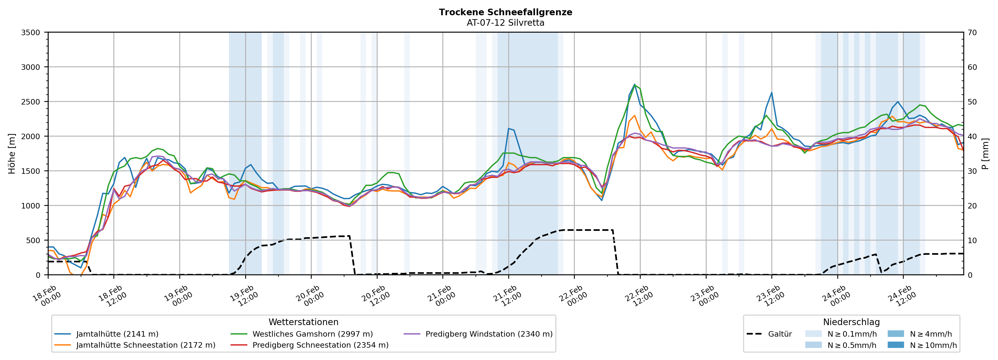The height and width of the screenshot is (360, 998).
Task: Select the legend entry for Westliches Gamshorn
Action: coord(312,334)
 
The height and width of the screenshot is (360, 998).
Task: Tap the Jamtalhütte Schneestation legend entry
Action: coord(146,345)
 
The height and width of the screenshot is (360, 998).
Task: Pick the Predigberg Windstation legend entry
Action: coord(489,334)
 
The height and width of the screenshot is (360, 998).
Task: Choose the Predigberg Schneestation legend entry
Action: coord(320,345)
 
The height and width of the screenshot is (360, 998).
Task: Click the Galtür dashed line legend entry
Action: coord(780,334)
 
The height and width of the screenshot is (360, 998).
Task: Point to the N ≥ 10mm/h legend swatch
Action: coord(895,345)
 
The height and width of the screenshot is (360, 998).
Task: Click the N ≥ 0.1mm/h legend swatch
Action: coord(813,334)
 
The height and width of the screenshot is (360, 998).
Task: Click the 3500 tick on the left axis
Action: coord(31,33)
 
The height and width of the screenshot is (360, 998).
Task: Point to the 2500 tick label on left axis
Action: coord(31,102)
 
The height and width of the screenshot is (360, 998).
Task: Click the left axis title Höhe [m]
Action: coord(12,154)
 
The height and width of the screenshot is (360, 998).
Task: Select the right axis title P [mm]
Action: coord(986,154)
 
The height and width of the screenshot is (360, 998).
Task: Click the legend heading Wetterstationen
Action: coord(303,322)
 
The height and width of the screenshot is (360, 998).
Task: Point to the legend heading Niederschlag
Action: coord(851,322)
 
